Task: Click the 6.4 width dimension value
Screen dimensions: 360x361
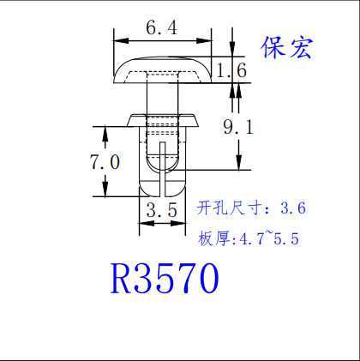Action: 162,28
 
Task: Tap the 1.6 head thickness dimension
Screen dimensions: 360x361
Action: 231,70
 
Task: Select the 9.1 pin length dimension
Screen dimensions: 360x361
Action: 238,127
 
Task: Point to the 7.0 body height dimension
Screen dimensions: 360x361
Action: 105,162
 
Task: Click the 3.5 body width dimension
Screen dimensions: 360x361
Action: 162,210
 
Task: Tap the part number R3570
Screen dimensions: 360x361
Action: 165,279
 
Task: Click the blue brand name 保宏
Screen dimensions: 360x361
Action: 286,48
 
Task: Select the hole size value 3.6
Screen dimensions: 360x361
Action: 293,208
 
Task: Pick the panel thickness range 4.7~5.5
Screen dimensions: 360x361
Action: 269,238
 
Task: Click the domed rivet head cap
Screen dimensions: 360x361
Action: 163,70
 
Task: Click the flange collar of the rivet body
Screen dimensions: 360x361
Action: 162,120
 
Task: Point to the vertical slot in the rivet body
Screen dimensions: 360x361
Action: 162,169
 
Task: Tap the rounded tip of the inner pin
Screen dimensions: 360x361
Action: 162,164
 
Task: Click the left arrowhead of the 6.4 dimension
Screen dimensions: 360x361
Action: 121,40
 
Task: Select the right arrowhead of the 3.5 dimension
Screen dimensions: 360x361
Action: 178,223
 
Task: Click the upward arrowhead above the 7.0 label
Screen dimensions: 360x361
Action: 105,134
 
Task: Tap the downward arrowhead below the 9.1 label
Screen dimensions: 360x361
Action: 239,162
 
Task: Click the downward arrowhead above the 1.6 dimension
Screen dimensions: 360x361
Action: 232,49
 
